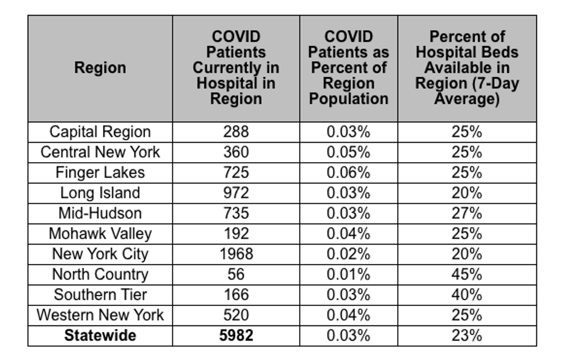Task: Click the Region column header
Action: click(x=100, y=67)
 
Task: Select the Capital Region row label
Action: click(x=100, y=132)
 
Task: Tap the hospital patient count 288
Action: click(x=236, y=132)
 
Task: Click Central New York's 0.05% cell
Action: click(x=348, y=152)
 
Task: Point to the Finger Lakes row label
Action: click(x=100, y=173)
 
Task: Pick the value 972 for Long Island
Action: click(x=236, y=193)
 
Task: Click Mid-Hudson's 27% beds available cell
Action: click(x=467, y=213)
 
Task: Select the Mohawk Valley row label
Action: click(x=100, y=234)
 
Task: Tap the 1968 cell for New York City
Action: click(x=236, y=254)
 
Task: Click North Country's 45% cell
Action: click(x=467, y=274)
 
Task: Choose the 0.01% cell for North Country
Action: click(x=348, y=274)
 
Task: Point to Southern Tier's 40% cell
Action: click(x=467, y=295)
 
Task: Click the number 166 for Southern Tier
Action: click(x=236, y=295)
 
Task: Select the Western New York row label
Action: click(x=100, y=315)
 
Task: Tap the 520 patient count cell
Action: click(x=236, y=315)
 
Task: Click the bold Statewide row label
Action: click(x=100, y=336)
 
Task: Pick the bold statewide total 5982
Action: click(x=236, y=336)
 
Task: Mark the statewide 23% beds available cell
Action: click(x=467, y=336)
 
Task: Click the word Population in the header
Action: click(x=349, y=99)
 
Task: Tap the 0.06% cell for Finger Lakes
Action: click(x=348, y=173)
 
